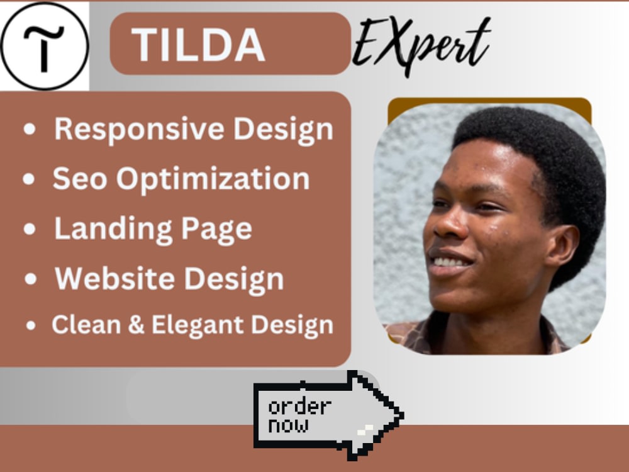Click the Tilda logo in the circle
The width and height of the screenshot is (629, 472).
(44, 46)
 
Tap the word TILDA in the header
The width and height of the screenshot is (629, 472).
(198, 45)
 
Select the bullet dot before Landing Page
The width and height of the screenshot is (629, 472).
(30, 230)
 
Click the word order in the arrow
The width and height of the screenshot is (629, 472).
(299, 407)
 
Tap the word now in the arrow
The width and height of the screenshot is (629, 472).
(288, 425)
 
